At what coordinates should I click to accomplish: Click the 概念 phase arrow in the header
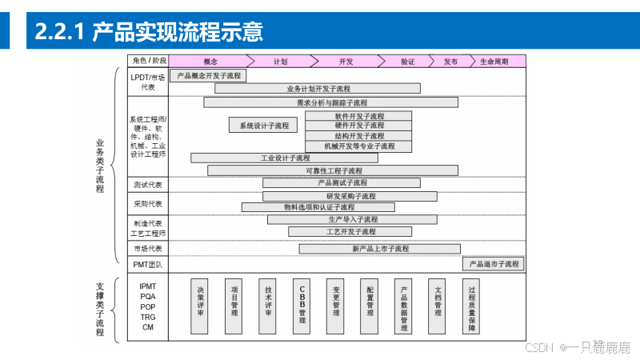pyautogui.click(x=210, y=61)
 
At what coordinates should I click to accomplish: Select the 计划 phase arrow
pyautogui.click(x=280, y=61)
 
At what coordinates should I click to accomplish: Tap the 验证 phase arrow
pyautogui.click(x=407, y=61)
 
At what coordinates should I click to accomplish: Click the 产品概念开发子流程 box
pyautogui.click(x=208, y=76)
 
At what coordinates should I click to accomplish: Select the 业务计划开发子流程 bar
pyautogui.click(x=318, y=88)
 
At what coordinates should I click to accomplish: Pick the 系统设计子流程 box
pyautogui.click(x=263, y=126)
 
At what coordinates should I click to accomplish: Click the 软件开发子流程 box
pyautogui.click(x=359, y=116)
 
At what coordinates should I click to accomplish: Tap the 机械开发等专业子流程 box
pyautogui.click(x=359, y=146)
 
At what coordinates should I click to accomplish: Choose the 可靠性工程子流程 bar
pyautogui.click(x=333, y=170)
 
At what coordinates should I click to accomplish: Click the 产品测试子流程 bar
pyautogui.click(x=336, y=183)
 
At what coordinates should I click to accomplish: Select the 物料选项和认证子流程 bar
pyautogui.click(x=320, y=207)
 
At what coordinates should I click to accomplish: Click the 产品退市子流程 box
pyautogui.click(x=494, y=263)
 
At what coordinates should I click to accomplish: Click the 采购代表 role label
pyautogui.click(x=147, y=204)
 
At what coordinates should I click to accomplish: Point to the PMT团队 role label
pyautogui.click(x=147, y=264)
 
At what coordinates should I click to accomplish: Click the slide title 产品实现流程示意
pyautogui.click(x=177, y=33)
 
